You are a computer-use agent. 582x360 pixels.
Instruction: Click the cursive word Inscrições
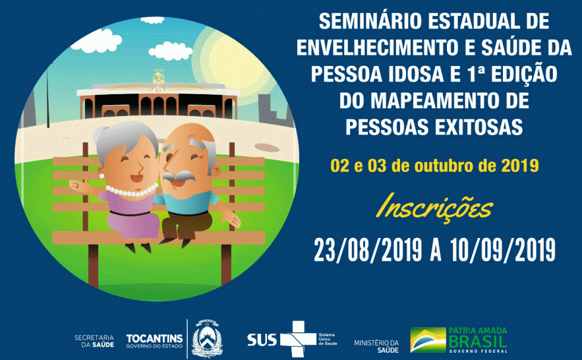click(x=434, y=208)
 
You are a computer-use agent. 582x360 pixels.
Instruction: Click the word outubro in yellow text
click(x=446, y=165)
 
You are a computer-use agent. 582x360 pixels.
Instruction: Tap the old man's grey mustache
click(x=181, y=177)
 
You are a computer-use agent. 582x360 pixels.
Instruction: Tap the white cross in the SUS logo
click(x=295, y=338)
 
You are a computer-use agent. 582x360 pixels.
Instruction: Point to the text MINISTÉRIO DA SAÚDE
click(x=376, y=345)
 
